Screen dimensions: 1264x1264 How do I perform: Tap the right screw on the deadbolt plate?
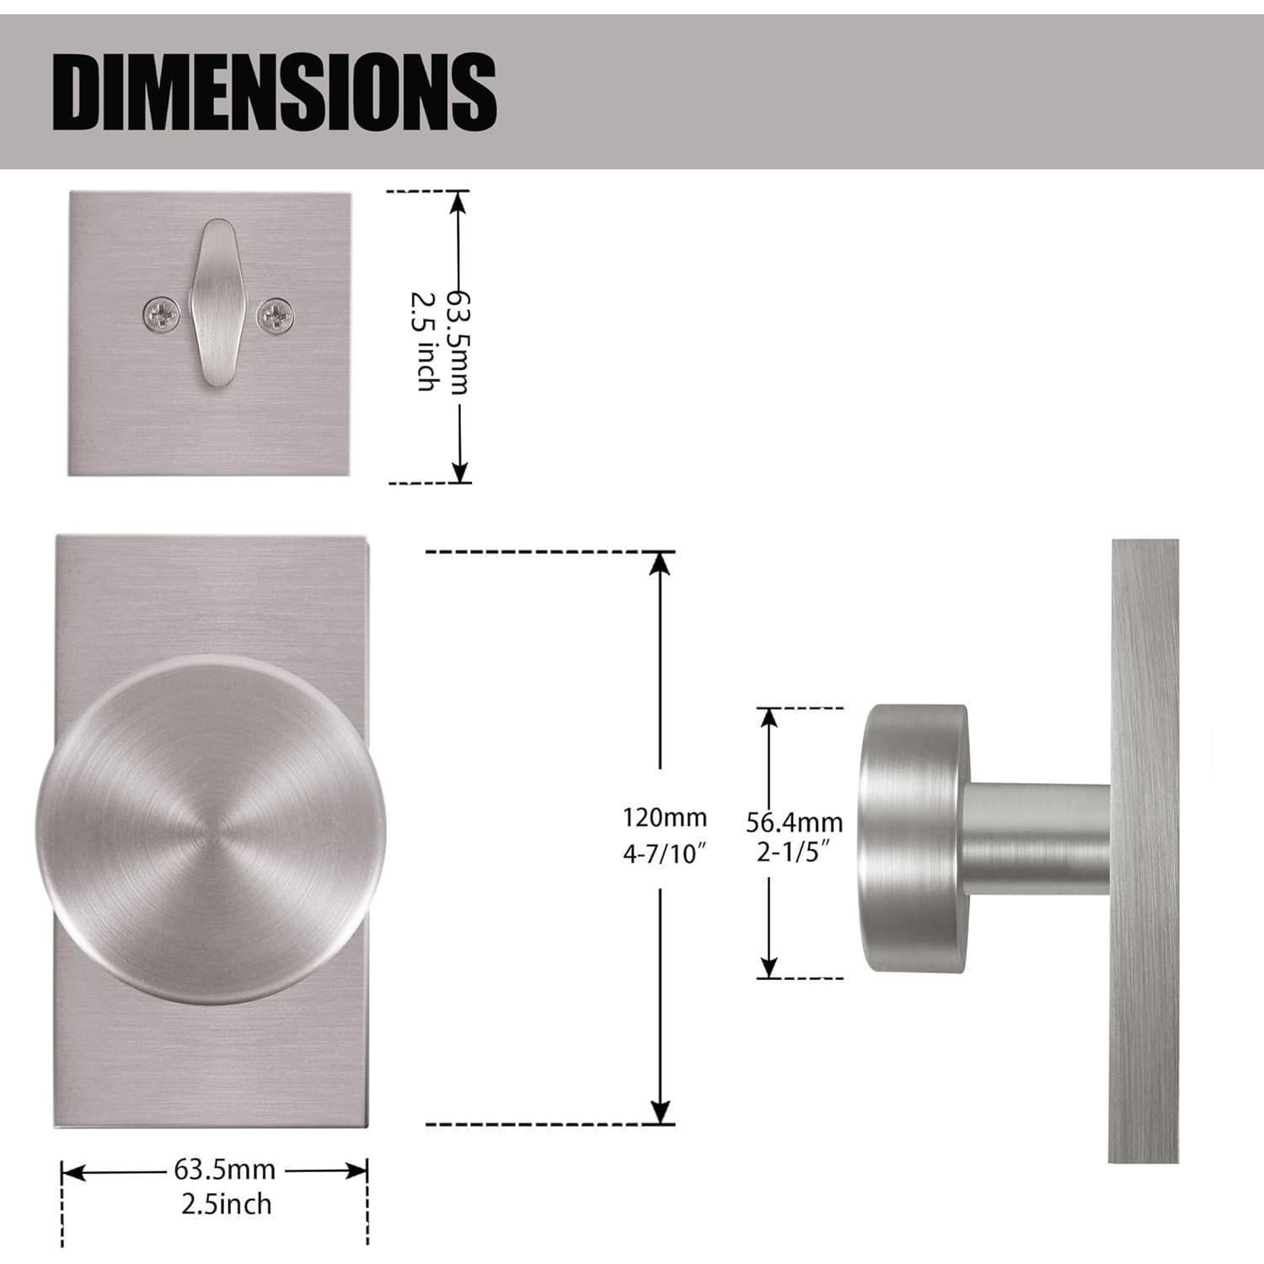(276, 315)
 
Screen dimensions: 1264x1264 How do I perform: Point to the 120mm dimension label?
(664, 817)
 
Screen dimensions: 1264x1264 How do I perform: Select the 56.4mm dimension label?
(794, 821)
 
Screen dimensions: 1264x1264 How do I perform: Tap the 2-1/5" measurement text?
(794, 852)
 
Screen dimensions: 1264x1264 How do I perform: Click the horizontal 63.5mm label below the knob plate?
(225, 1170)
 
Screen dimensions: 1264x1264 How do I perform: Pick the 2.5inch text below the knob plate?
(227, 1203)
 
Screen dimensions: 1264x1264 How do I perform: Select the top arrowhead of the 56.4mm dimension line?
(769, 717)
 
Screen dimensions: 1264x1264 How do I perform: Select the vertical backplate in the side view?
(1143, 851)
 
